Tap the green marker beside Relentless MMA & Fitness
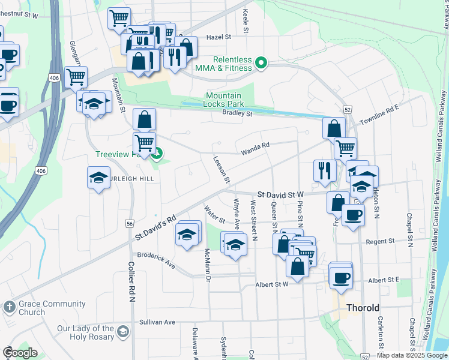[x=261, y=62]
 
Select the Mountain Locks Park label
[x=223, y=100]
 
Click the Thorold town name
[x=363, y=308]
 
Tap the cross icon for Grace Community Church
[x=8, y=307]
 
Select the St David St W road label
[x=282, y=194]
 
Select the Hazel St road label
[x=218, y=37]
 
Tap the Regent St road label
[x=381, y=241]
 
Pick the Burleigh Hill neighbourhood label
[x=127, y=178]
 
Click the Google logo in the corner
[x=19, y=353]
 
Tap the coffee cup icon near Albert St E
[x=341, y=278]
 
